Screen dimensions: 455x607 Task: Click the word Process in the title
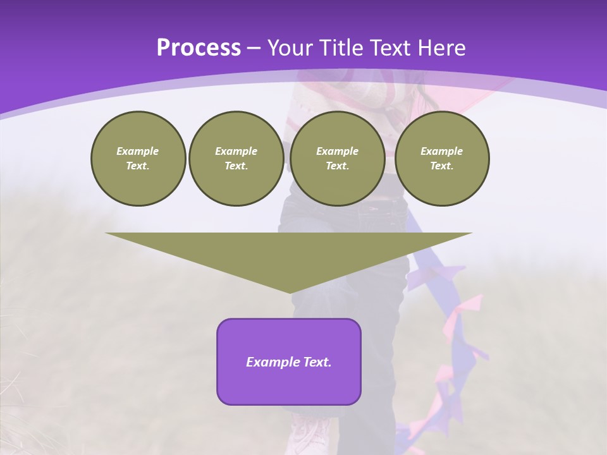[199, 48]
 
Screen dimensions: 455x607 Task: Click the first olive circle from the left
[138, 159]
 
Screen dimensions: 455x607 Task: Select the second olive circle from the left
[236, 159]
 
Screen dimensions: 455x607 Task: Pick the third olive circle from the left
[338, 159]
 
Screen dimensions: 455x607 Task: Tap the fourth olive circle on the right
[442, 159]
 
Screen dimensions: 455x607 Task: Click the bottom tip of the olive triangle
[290, 291]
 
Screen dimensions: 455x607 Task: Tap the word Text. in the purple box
[317, 362]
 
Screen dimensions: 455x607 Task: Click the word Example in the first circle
[138, 151]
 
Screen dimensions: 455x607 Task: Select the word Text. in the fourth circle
[442, 166]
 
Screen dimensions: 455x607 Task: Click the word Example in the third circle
[338, 151]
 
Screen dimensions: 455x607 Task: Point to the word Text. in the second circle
[236, 166]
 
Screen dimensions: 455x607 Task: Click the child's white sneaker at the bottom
[310, 436]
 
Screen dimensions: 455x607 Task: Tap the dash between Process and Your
[254, 49]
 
